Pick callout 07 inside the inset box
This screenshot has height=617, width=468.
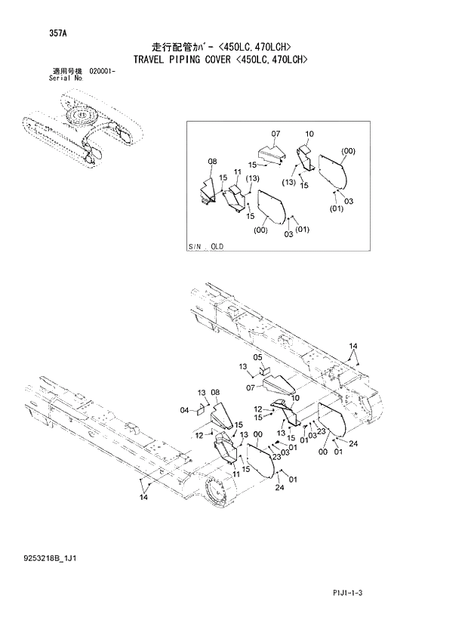276,134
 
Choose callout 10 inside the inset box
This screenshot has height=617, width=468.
309,134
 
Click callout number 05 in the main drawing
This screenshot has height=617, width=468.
257,357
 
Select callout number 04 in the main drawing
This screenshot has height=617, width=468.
184,410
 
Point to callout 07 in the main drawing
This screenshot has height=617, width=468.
253,387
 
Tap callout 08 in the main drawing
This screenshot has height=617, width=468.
215,393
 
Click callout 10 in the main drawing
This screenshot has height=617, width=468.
294,398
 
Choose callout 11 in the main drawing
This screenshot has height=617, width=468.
236,473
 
